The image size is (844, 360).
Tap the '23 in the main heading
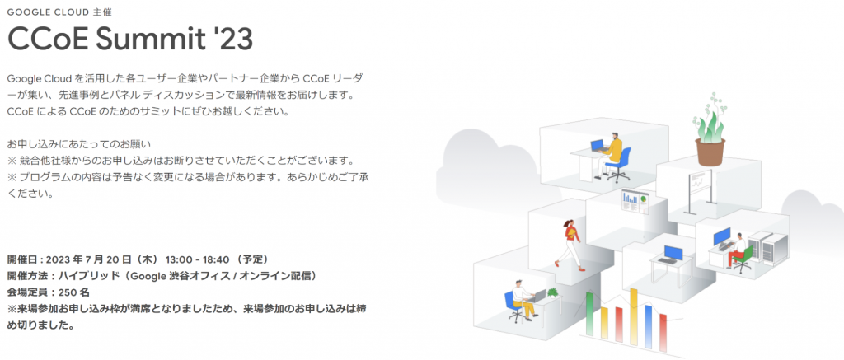point(230,38)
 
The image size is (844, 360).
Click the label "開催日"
point(22,259)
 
